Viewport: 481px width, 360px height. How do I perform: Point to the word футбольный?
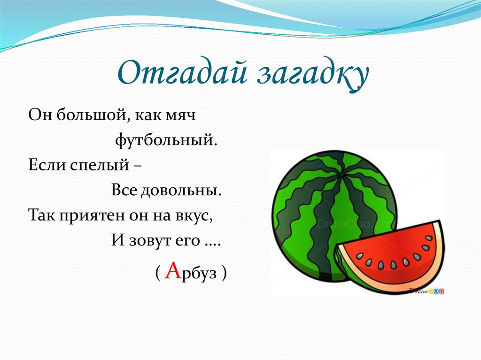pos(166,140)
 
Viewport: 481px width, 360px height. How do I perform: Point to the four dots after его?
pos(210,243)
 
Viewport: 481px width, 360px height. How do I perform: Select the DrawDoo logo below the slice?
pos(427,291)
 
